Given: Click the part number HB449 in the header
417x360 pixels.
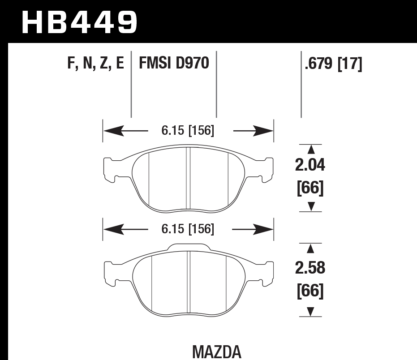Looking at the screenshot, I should coord(79,22).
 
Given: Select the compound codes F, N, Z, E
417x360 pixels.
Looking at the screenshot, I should coord(95,64).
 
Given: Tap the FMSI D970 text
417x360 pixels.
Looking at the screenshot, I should coord(174,64).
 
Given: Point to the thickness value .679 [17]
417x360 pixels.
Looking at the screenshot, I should coord(333,64).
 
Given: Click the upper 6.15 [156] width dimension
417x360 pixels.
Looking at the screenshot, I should coord(188,131).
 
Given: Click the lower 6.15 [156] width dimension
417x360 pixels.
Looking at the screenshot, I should coord(188,230).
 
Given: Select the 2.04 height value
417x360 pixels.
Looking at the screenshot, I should coord(310,166).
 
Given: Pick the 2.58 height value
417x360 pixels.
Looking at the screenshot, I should coord(310,268).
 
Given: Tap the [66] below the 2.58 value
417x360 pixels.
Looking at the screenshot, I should coord(310,291).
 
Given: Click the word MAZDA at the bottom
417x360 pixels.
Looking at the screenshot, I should coord(217,351).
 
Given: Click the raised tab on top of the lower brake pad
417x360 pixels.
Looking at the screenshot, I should coord(188,246).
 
